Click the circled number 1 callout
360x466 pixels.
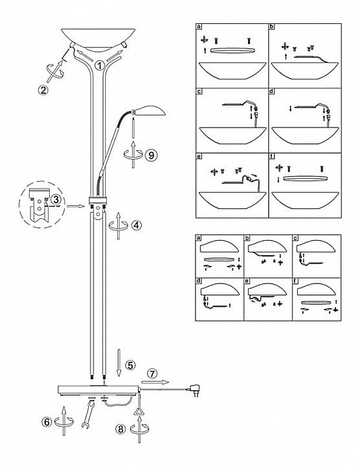[x=100, y=65]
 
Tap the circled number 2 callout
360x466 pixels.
[x=43, y=90]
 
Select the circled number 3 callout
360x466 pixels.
[x=55, y=199]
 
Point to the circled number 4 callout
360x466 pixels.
[x=137, y=225]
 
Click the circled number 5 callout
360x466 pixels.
[x=130, y=365]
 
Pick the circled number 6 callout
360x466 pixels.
[x=47, y=422]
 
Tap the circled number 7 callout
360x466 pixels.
[x=152, y=373]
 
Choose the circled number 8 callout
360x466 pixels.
[x=120, y=429]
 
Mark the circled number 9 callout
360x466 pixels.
[x=152, y=155]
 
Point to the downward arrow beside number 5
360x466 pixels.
[x=118, y=363]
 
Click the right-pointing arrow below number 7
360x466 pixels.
[x=155, y=383]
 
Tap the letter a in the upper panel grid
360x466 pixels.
[x=199, y=27]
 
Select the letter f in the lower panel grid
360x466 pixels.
[x=295, y=281]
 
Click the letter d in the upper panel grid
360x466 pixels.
[x=271, y=91]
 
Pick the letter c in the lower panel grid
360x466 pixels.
[x=295, y=238]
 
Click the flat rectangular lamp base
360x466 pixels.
[x=98, y=390]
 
